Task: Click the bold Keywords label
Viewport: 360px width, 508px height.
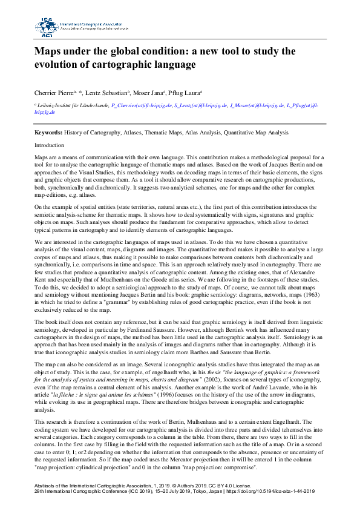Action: [x=48, y=132]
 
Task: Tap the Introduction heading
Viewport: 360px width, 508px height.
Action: [x=49, y=146]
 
